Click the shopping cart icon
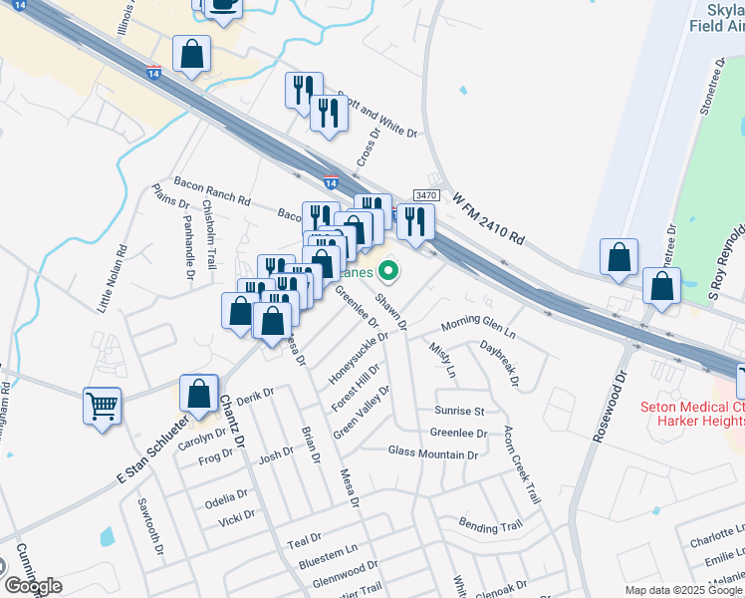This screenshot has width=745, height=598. click(103, 407)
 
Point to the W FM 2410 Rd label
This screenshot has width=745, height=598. click(488, 220)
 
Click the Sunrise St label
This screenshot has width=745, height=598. click(458, 411)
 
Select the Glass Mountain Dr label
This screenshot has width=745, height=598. click(433, 453)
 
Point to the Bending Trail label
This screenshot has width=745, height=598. click(490, 524)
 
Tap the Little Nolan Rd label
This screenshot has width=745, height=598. click(111, 280)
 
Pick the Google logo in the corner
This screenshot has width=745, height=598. click(32, 586)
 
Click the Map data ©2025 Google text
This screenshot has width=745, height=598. click(683, 590)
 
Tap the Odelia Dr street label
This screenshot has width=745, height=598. click(226, 496)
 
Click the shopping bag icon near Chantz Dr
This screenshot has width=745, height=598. click(199, 394)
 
